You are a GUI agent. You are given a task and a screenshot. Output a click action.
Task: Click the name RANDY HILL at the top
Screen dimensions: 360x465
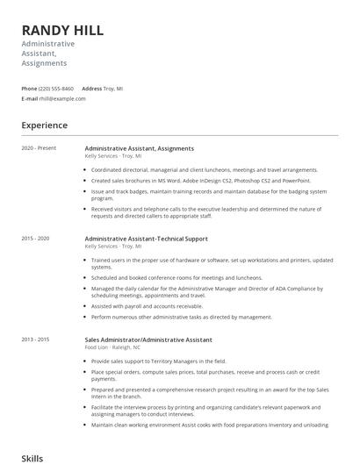coord(62,30)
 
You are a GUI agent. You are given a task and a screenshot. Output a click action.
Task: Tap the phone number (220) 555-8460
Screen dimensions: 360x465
coord(56,89)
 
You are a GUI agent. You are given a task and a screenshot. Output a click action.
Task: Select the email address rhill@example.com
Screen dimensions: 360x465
coord(62,99)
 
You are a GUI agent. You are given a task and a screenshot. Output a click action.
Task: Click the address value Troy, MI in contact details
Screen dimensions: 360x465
coord(113,89)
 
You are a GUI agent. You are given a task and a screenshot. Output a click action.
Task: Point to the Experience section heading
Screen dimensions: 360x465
coord(44,125)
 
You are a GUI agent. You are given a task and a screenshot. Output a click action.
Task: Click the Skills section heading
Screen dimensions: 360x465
coord(32,458)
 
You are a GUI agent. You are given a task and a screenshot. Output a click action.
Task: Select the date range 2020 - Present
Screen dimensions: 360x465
coord(39,148)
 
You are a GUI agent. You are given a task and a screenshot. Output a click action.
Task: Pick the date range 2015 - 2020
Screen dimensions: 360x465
coord(35,239)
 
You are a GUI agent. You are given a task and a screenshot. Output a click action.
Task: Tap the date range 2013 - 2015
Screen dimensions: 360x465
coord(35,340)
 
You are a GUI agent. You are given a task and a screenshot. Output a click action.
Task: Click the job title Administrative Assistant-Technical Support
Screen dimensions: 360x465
coord(146,239)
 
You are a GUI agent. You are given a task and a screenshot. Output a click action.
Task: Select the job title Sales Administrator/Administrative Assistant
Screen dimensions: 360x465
coord(148,340)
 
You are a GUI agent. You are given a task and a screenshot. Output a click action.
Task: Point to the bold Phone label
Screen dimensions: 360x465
coord(29,89)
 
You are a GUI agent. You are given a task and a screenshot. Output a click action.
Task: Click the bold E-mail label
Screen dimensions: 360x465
coord(30,99)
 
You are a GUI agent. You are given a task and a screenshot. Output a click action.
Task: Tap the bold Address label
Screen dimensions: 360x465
coord(91,89)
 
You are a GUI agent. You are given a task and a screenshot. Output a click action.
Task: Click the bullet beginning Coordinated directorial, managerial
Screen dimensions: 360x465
coord(204,169)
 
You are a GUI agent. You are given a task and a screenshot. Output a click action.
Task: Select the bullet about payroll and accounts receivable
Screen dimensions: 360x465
coord(147,306)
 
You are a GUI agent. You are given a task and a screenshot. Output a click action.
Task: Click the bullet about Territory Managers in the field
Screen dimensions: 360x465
coord(158,361)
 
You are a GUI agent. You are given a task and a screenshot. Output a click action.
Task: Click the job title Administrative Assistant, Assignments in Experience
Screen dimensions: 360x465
coord(139,148)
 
